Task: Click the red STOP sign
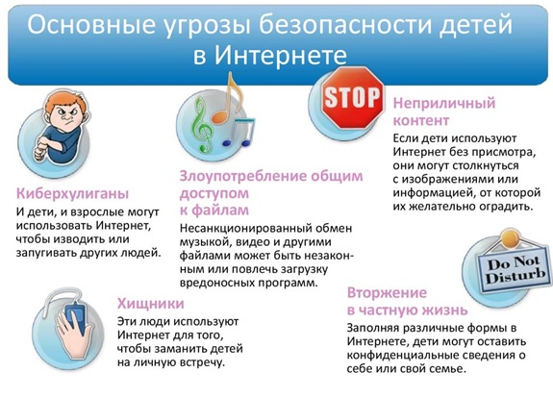pos(352,97)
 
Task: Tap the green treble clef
pos(202,125)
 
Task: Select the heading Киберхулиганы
pos(73,193)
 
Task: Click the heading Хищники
pos(151,304)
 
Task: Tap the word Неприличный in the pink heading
pos(444,103)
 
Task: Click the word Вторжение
pos(387,292)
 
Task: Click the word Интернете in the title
pos(281,56)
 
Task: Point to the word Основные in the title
pos(91,25)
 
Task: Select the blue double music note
pos(239,133)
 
